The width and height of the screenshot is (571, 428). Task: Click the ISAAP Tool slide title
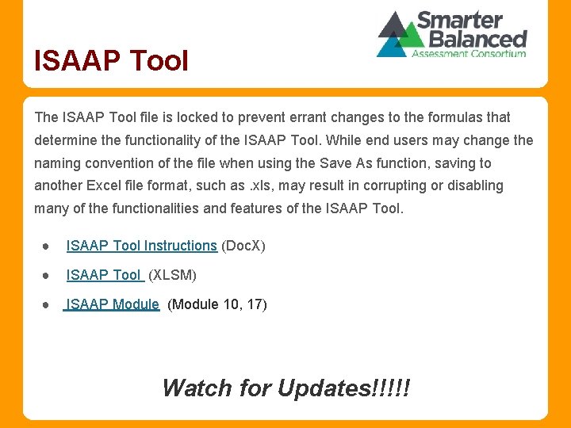111,60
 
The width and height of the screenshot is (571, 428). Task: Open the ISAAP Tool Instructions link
141,246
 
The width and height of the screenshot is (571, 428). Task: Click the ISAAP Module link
113,304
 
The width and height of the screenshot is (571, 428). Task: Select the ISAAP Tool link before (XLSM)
104,275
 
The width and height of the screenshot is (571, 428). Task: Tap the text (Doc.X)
243,246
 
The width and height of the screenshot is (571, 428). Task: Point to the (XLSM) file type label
173,275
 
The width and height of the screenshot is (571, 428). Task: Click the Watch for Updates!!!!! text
285,388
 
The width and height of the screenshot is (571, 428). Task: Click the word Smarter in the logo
460,20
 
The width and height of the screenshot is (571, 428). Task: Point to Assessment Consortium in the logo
468,54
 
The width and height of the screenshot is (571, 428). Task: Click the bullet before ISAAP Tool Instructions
48,246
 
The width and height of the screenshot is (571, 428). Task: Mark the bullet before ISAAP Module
48,305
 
